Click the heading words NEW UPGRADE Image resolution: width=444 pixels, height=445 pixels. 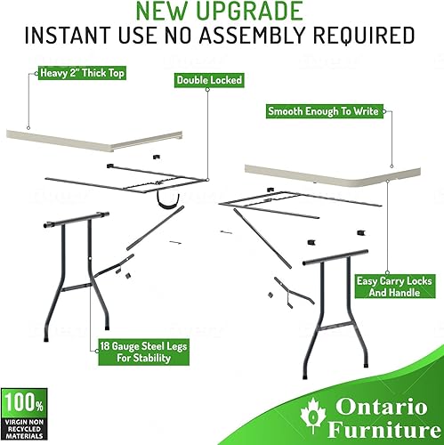(222, 12)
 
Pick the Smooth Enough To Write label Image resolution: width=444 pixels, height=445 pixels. (325, 111)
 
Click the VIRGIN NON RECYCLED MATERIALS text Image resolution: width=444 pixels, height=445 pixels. (21, 426)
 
